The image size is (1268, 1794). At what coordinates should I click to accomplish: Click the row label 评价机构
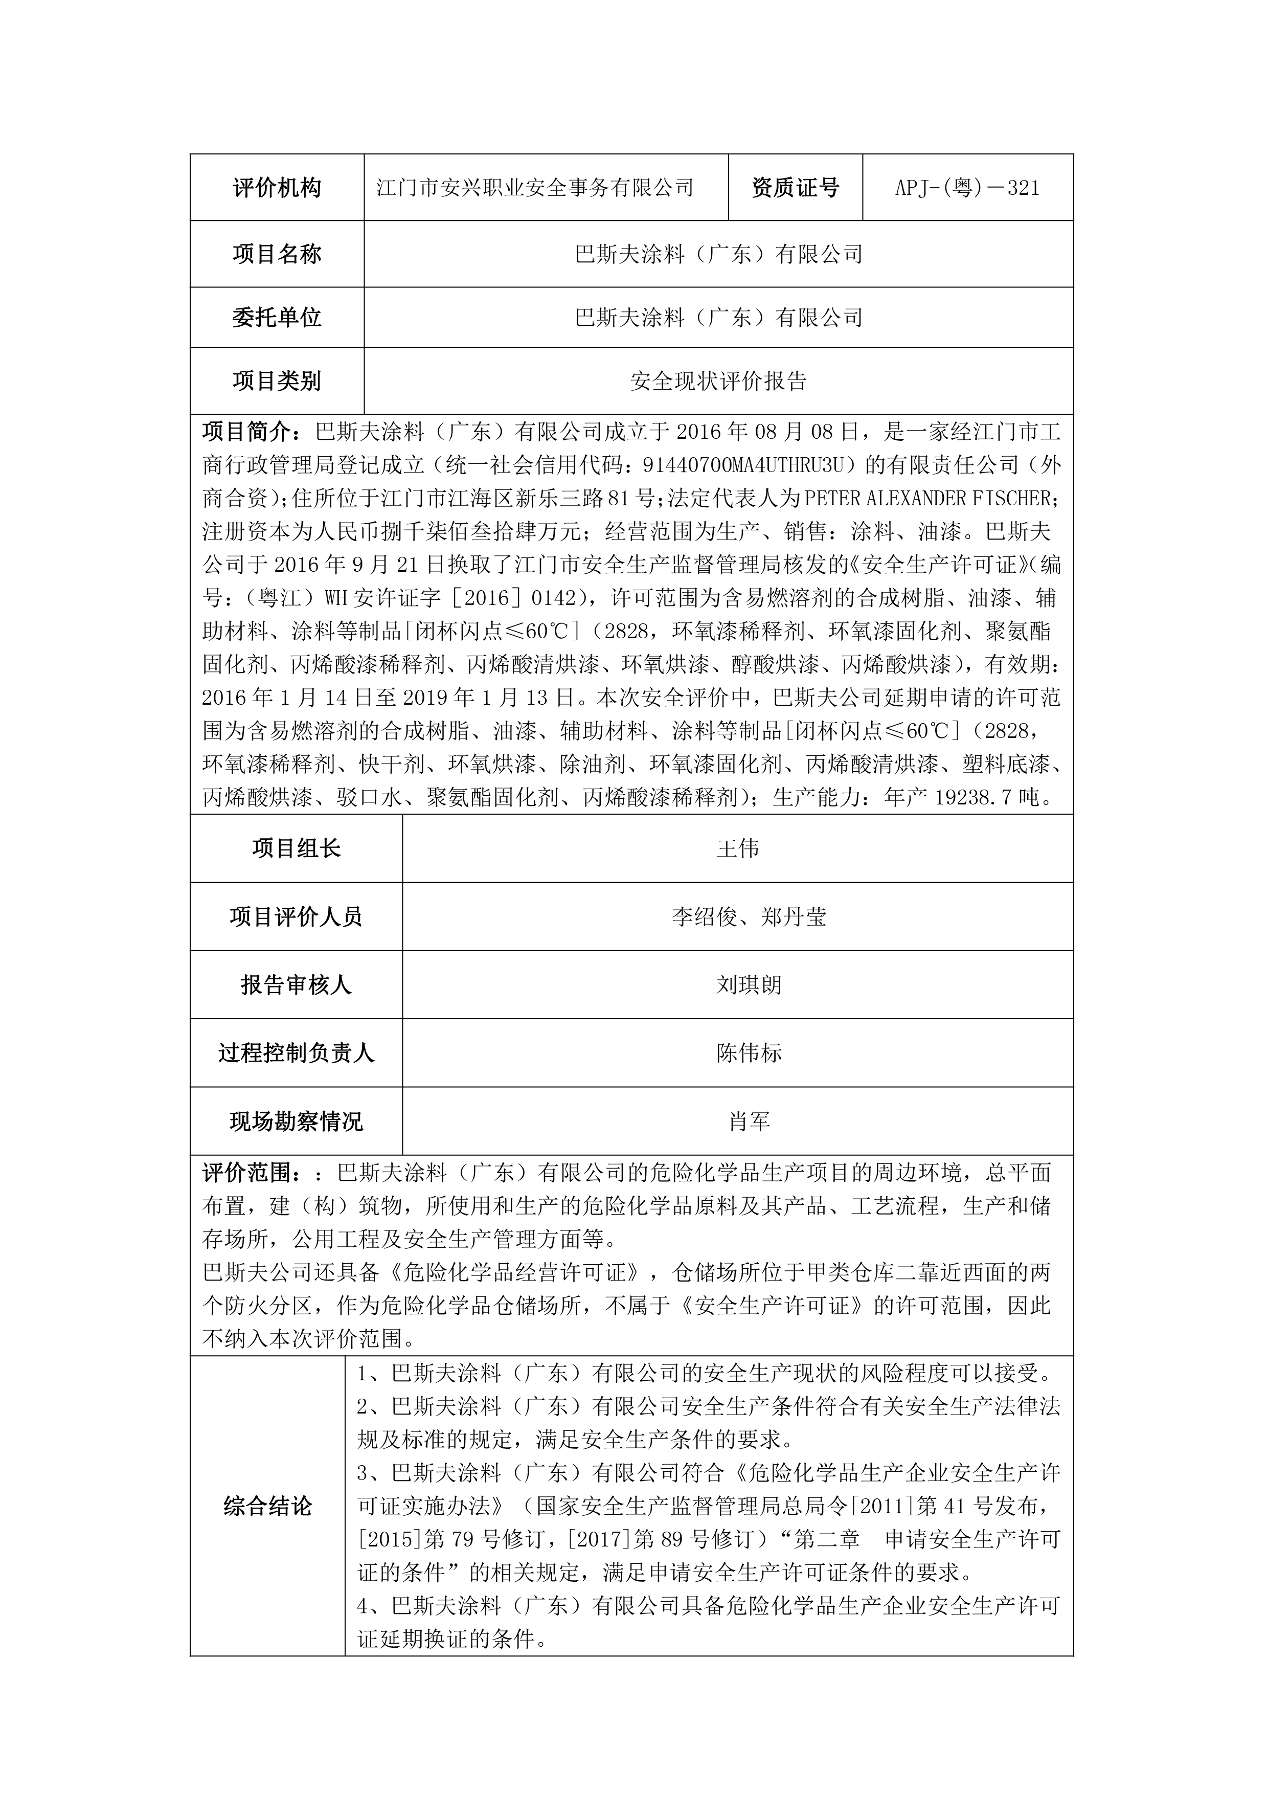point(277,188)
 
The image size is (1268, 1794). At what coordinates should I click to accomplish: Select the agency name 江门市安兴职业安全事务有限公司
point(535,188)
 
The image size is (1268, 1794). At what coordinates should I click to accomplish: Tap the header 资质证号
point(796,188)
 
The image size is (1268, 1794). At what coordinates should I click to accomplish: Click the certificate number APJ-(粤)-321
point(967,188)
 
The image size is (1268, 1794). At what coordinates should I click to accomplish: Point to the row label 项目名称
point(277,254)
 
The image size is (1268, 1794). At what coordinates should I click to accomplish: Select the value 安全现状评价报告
point(718,382)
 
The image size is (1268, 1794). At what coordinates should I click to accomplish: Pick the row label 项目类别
point(277,382)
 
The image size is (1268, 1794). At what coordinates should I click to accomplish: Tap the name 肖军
point(749,1122)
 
